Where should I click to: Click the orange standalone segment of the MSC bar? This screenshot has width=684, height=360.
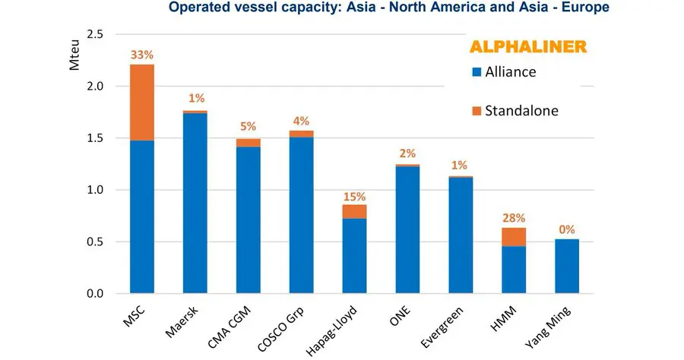pos(142,102)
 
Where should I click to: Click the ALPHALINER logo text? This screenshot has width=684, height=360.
pos(527,46)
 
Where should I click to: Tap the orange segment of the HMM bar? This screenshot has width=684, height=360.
pos(514,236)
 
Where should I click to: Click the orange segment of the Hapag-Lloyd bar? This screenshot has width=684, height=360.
pos(355,211)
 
